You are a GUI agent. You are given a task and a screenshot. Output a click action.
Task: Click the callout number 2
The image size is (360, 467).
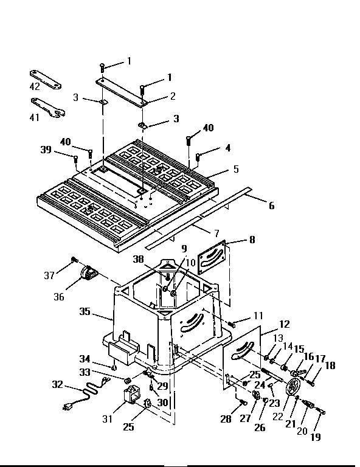[173, 95]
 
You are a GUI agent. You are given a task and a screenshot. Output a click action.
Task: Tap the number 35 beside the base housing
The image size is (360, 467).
[86, 311]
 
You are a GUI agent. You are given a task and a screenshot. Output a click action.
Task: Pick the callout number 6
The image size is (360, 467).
[271, 206]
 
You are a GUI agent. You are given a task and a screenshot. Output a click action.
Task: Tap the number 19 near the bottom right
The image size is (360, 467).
[316, 436]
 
